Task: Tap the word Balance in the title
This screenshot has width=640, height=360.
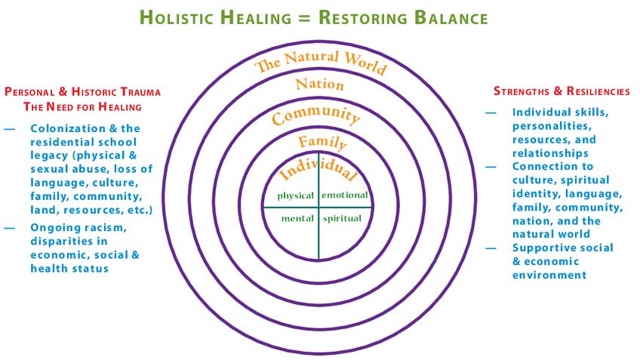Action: [451, 18]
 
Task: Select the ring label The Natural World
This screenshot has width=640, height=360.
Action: [321, 61]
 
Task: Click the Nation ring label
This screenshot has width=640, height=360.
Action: [319, 84]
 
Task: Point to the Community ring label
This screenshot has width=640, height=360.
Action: [316, 115]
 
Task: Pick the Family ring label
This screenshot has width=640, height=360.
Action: [322, 143]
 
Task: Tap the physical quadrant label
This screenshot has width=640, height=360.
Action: [296, 196]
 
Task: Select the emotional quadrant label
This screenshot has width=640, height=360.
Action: [345, 195]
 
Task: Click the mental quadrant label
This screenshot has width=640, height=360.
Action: [297, 218]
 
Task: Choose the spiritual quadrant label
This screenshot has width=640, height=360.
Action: [342, 219]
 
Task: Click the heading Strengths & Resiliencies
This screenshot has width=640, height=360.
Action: [562, 91]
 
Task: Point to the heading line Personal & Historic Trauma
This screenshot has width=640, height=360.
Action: [82, 91]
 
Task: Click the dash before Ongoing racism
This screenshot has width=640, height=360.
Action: [9, 228]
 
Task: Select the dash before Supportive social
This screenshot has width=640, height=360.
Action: [491, 248]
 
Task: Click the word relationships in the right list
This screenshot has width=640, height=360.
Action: [550, 153]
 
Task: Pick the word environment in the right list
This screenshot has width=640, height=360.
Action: [549, 275]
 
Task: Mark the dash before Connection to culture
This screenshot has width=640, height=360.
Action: [491, 167]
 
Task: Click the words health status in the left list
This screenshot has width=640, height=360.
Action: [69, 269]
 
